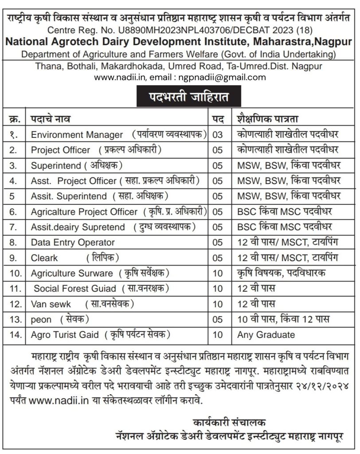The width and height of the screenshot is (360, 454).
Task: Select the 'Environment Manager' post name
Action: (77, 134)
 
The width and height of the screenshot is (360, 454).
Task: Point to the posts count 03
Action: (218, 134)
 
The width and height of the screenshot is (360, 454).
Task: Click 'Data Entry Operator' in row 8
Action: (73, 242)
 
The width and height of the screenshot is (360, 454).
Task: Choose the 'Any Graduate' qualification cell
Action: (266, 334)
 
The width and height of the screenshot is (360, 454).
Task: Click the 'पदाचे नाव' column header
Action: (50, 119)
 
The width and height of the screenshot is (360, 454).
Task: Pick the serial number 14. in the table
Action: (16, 334)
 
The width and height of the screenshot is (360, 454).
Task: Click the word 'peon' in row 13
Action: (41, 319)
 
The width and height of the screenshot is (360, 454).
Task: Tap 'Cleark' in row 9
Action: (44, 258)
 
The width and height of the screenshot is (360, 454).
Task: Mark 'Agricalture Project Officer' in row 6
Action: (84, 211)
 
